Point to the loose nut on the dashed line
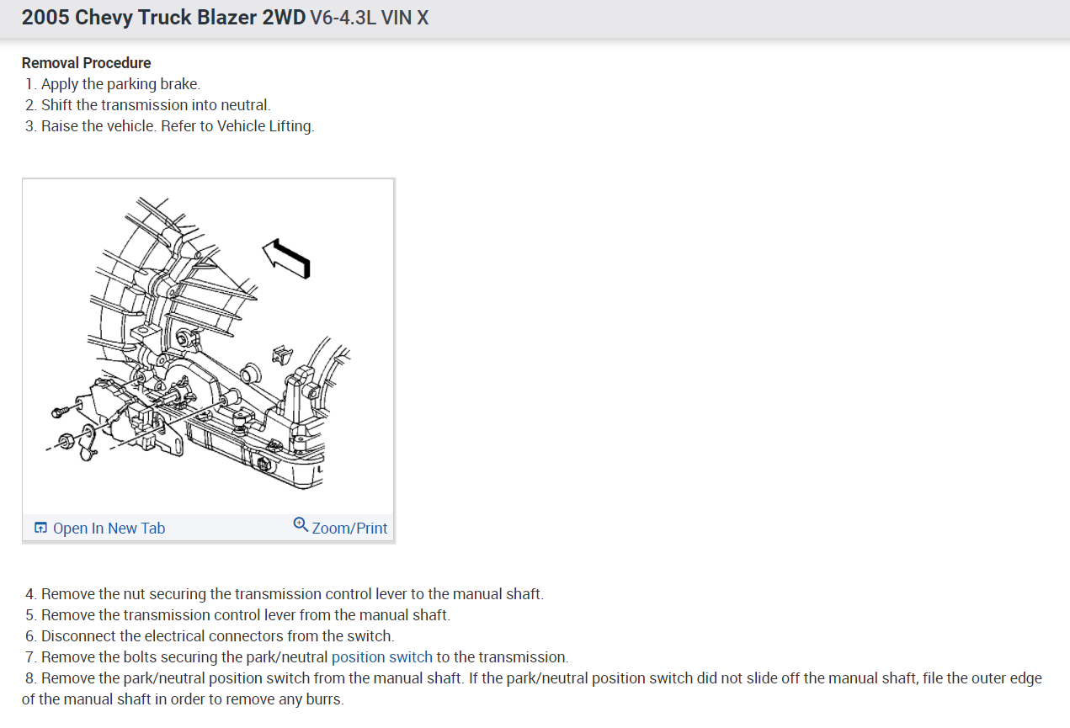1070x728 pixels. [x=65, y=439]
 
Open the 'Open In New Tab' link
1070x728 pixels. [x=109, y=529]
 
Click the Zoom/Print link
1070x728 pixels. [x=349, y=529]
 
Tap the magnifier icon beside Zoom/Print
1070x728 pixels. [x=301, y=525]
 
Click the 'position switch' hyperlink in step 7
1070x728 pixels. [x=381, y=657]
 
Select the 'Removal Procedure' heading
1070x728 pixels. [x=86, y=63]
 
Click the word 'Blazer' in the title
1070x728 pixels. [x=227, y=18]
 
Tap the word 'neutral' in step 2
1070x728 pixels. [x=243, y=105]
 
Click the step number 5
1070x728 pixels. [x=30, y=615]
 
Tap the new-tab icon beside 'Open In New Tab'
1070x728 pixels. [x=40, y=529]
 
